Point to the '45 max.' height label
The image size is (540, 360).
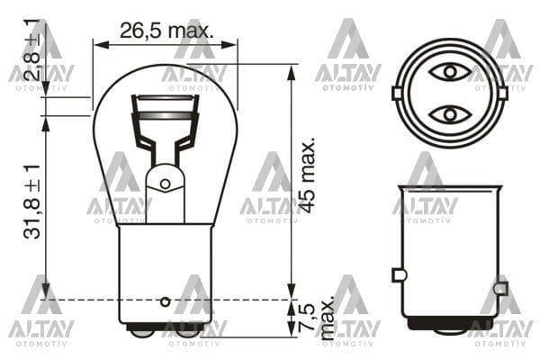309,175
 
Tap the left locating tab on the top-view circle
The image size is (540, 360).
397,93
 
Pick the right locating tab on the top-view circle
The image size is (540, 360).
502,92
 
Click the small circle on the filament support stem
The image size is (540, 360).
165,184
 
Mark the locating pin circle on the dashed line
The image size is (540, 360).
166,299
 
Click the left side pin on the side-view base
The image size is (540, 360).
399,275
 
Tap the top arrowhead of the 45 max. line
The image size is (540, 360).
291,69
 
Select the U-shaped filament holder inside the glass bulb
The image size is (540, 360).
165,121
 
